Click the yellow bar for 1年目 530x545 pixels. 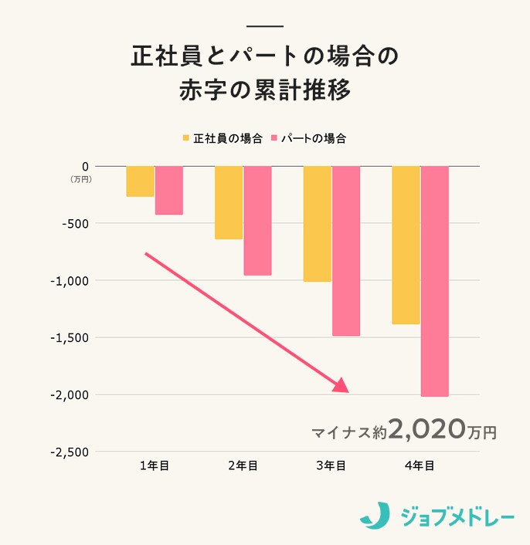click(140, 181)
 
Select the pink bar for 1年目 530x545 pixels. click(168, 190)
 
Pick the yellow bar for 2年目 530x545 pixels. click(229, 202)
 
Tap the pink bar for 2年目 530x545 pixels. click(257, 221)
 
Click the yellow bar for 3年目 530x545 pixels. click(317, 224)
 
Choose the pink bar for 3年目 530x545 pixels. click(346, 251)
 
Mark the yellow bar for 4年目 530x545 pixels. click(406, 245)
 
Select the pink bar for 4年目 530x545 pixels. click(434, 281)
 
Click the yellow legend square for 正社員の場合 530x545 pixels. click(186, 138)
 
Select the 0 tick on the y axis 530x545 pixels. click(86, 166)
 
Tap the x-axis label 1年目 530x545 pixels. click(155, 465)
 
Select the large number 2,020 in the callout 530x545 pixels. click(428, 428)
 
